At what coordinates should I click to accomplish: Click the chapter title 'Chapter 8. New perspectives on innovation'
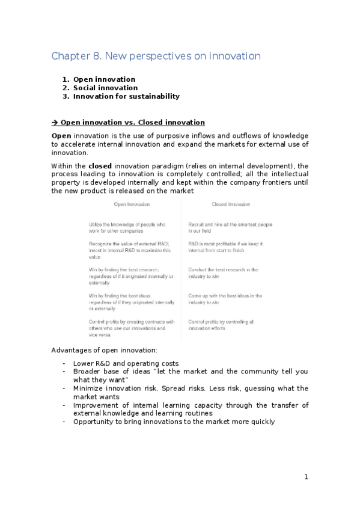point(156,57)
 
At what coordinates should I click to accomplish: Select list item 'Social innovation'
point(105,88)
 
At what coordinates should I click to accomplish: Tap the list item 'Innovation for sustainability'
point(126,96)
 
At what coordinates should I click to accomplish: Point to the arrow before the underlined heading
point(55,122)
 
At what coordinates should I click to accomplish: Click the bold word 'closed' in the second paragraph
point(100,165)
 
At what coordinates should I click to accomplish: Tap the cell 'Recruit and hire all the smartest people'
point(230,227)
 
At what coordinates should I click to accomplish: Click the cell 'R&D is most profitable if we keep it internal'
point(225,247)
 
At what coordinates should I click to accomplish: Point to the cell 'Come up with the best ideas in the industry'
point(225,299)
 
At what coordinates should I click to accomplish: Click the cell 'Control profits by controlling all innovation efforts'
point(221,325)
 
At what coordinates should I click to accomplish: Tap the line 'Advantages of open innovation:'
point(105,350)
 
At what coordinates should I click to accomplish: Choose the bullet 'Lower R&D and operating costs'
point(126,363)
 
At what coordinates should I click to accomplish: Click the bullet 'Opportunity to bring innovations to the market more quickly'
point(174,422)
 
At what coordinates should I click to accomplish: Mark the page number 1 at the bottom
point(306,477)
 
